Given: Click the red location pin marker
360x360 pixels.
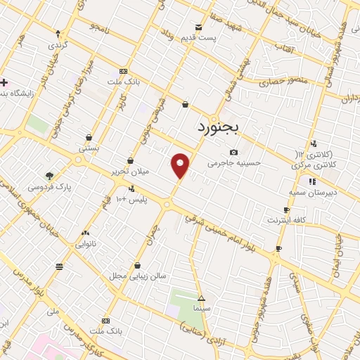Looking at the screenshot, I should (181, 165).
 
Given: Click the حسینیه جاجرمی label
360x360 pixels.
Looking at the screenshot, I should (234, 163).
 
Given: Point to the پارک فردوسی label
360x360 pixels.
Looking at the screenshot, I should (49, 187).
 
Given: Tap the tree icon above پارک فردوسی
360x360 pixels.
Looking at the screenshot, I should (49, 176).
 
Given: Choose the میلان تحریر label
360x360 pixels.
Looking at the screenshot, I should (131, 172).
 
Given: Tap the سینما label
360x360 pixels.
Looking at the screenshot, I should (201, 309).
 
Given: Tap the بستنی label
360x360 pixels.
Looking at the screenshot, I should (89, 148).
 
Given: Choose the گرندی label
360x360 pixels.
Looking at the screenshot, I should (58, 45).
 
